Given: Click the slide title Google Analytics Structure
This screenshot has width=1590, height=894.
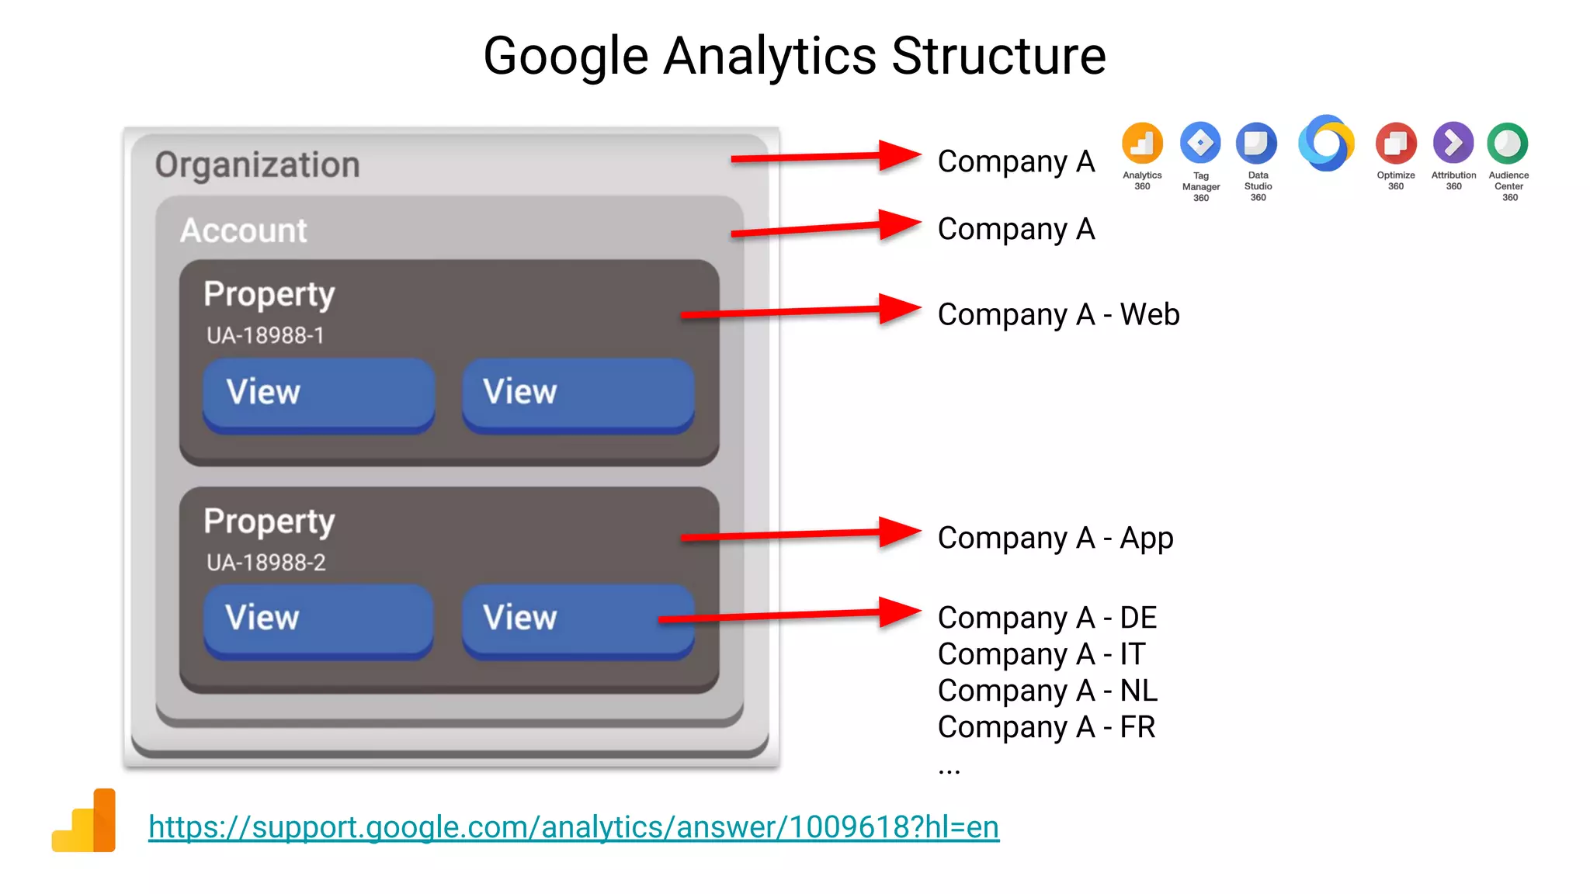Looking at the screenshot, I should [x=794, y=56].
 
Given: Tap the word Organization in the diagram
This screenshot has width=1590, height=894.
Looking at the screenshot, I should [x=257, y=165].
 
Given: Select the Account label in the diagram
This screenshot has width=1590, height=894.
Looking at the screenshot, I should [x=244, y=230].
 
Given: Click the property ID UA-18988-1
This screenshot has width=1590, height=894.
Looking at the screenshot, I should [x=266, y=335].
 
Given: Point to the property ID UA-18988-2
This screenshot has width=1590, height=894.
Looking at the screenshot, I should [x=266, y=562].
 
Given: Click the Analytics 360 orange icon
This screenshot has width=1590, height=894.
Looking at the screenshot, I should [x=1142, y=144].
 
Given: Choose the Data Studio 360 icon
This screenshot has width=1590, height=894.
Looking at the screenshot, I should [x=1257, y=144].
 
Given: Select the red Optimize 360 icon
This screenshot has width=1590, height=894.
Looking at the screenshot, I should [x=1396, y=144].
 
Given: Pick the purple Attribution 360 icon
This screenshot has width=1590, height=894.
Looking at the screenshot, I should [x=1453, y=144].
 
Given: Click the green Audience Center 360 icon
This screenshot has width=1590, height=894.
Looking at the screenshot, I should [x=1508, y=144].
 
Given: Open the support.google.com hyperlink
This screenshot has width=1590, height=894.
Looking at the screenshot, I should [x=574, y=826].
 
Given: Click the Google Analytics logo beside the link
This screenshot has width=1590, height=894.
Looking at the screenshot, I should [x=85, y=821].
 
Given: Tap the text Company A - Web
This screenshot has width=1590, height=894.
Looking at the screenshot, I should [x=1058, y=314].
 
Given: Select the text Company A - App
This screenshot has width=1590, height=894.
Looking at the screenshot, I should [x=1055, y=538].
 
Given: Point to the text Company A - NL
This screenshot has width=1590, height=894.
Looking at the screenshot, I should [x=1047, y=691].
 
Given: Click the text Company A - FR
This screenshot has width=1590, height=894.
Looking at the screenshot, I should [x=1047, y=727].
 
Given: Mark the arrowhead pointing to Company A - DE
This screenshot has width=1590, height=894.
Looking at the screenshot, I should [x=901, y=612].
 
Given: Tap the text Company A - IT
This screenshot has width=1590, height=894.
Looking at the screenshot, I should [x=1041, y=654].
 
